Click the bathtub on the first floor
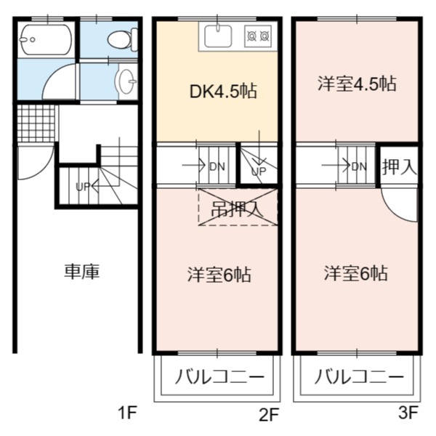[46, 40]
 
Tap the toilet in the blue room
[123, 40]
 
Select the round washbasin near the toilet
[126, 81]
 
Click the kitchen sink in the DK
[218, 36]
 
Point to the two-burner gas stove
[258, 36]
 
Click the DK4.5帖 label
[223, 92]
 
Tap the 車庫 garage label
[81, 271]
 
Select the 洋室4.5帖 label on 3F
[357, 84]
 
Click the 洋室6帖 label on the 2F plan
[219, 275]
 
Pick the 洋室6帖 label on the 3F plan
[356, 273]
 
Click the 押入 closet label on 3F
[400, 167]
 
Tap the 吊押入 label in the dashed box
[237, 209]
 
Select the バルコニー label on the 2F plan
[219, 376]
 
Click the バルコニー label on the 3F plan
[359, 376]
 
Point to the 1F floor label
[128, 413]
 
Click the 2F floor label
[269, 415]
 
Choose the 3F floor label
[408, 413]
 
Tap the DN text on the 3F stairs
[359, 167]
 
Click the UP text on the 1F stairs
[83, 187]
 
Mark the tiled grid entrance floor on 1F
[36, 124]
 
